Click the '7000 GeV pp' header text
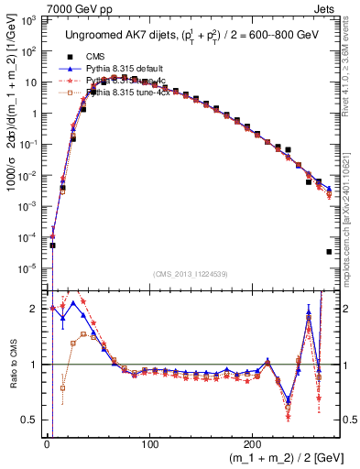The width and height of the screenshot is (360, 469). click(x=38, y=7)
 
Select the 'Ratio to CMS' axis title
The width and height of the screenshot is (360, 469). click(x=10, y=365)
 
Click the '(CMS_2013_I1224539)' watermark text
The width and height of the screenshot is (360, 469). click(x=192, y=273)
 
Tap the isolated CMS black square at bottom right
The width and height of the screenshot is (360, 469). click(x=328, y=252)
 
